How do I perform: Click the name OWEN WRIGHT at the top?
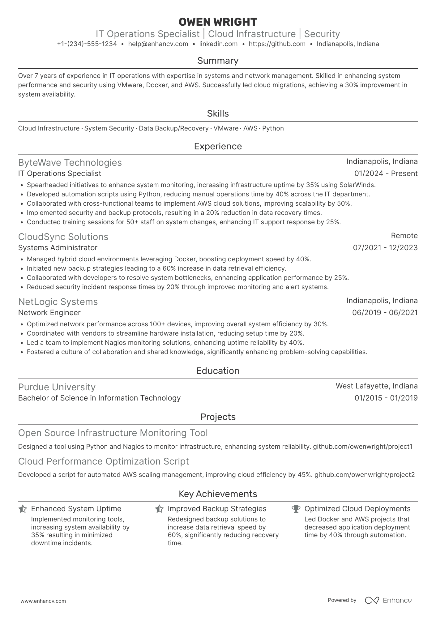218,22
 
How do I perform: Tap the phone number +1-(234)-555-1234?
87,44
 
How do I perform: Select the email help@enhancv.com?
158,44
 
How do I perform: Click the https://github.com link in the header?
277,44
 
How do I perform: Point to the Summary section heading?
218,61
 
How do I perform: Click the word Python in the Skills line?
273,128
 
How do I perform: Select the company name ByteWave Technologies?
70,163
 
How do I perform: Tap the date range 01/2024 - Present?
386,174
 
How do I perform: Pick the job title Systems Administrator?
58,248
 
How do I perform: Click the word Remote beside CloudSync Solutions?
404,236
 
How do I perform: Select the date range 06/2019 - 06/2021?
385,313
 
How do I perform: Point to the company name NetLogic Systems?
58,302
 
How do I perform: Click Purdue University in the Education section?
57,387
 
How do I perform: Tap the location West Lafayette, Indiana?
376,386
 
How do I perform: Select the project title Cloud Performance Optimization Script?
103,461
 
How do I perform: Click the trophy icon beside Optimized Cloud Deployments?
296,509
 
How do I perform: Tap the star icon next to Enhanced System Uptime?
23,509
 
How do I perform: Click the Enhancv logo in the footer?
388,600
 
